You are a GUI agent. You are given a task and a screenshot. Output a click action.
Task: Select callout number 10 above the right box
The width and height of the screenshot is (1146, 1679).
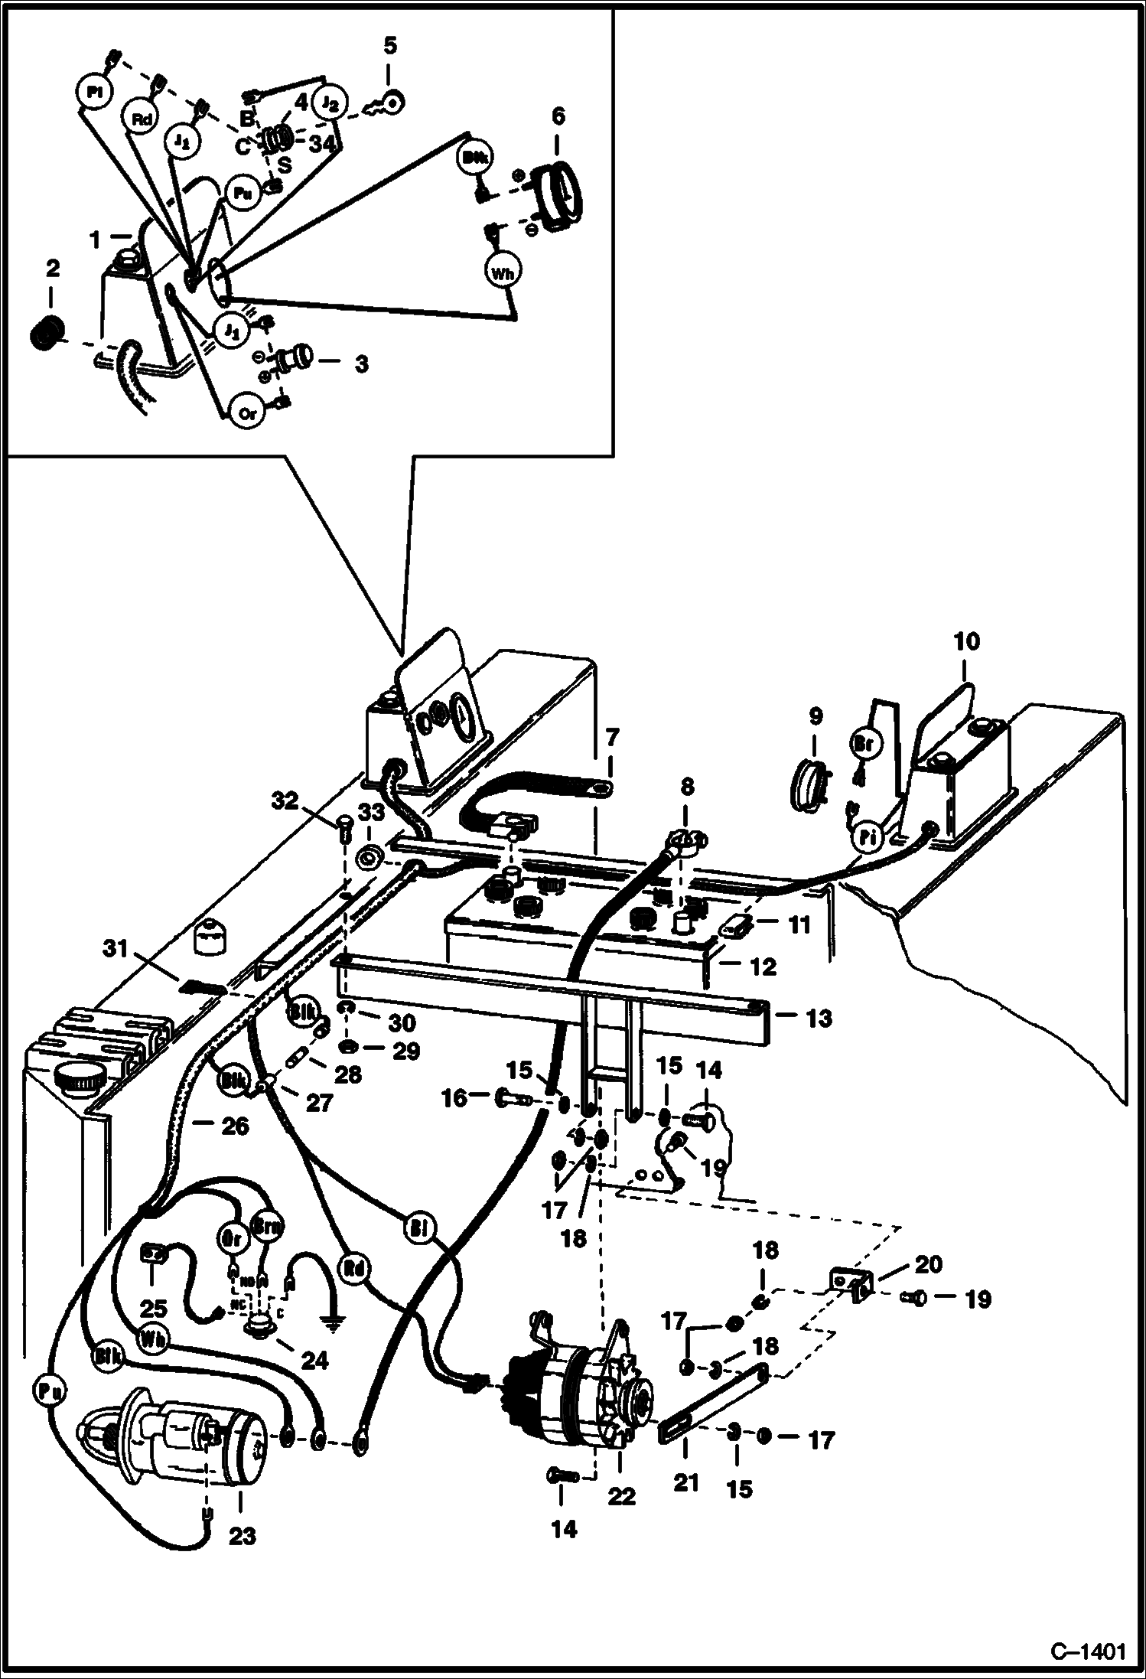pos(966,641)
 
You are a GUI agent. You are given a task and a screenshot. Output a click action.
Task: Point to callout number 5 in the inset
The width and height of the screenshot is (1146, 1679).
pos(389,45)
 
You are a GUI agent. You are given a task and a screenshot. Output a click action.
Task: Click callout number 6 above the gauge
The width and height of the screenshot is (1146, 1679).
pos(558,116)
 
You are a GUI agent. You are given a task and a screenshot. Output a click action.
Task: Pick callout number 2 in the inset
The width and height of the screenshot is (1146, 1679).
pos(52,268)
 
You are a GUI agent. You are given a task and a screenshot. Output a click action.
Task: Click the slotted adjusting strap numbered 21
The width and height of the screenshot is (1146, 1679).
pos(711,1402)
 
